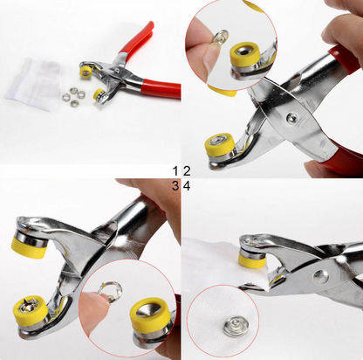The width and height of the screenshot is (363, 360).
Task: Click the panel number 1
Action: pos(175,170)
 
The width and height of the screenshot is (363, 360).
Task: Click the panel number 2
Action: pos(187,170)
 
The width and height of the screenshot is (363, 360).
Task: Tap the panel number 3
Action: pos(175,185)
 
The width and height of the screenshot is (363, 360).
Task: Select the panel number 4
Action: pos(187,185)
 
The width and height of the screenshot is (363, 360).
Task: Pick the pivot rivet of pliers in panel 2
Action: pos(291,117)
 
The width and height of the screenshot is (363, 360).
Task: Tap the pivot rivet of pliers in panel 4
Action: pos(319,276)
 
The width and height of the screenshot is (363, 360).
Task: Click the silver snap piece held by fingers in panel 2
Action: pos(221,38)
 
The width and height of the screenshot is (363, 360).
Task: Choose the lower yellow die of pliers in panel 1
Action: pos(98,94)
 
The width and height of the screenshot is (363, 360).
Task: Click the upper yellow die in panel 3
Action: pos(30,247)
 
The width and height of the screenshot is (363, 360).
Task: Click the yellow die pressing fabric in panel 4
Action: pos(251,260)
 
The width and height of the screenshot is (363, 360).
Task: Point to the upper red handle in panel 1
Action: pos(136,38)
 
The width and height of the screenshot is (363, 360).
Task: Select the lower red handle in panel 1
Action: pos(161,88)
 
